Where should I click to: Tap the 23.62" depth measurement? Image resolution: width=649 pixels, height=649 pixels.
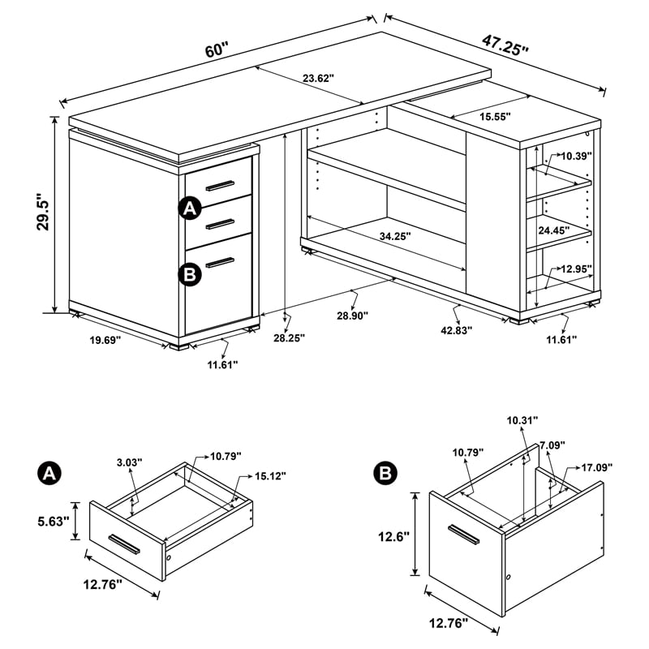click(318, 79)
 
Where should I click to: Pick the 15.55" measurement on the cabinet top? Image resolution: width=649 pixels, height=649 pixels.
click(494, 116)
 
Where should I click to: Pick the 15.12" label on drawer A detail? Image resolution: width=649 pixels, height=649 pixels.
click(268, 475)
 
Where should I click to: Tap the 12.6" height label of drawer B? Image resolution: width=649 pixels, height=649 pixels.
click(393, 536)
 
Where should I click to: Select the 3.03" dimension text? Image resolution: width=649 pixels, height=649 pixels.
click(129, 462)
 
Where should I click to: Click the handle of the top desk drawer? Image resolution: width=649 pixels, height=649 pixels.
click(219, 186)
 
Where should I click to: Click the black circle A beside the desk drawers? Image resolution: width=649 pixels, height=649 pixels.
click(189, 208)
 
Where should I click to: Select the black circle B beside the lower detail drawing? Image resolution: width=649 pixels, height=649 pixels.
click(385, 474)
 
